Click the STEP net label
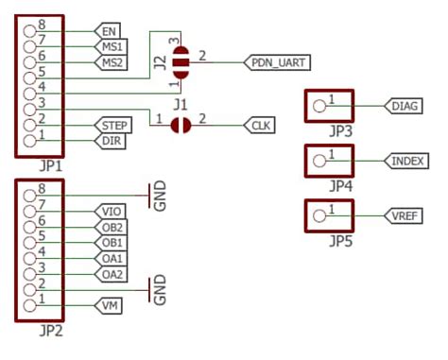click(113, 125)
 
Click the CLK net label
click(256, 125)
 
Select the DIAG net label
click(405, 106)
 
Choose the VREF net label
click(405, 216)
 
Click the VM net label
click(108, 304)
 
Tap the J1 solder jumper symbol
click(181, 125)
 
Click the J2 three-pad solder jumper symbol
click(181, 63)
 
